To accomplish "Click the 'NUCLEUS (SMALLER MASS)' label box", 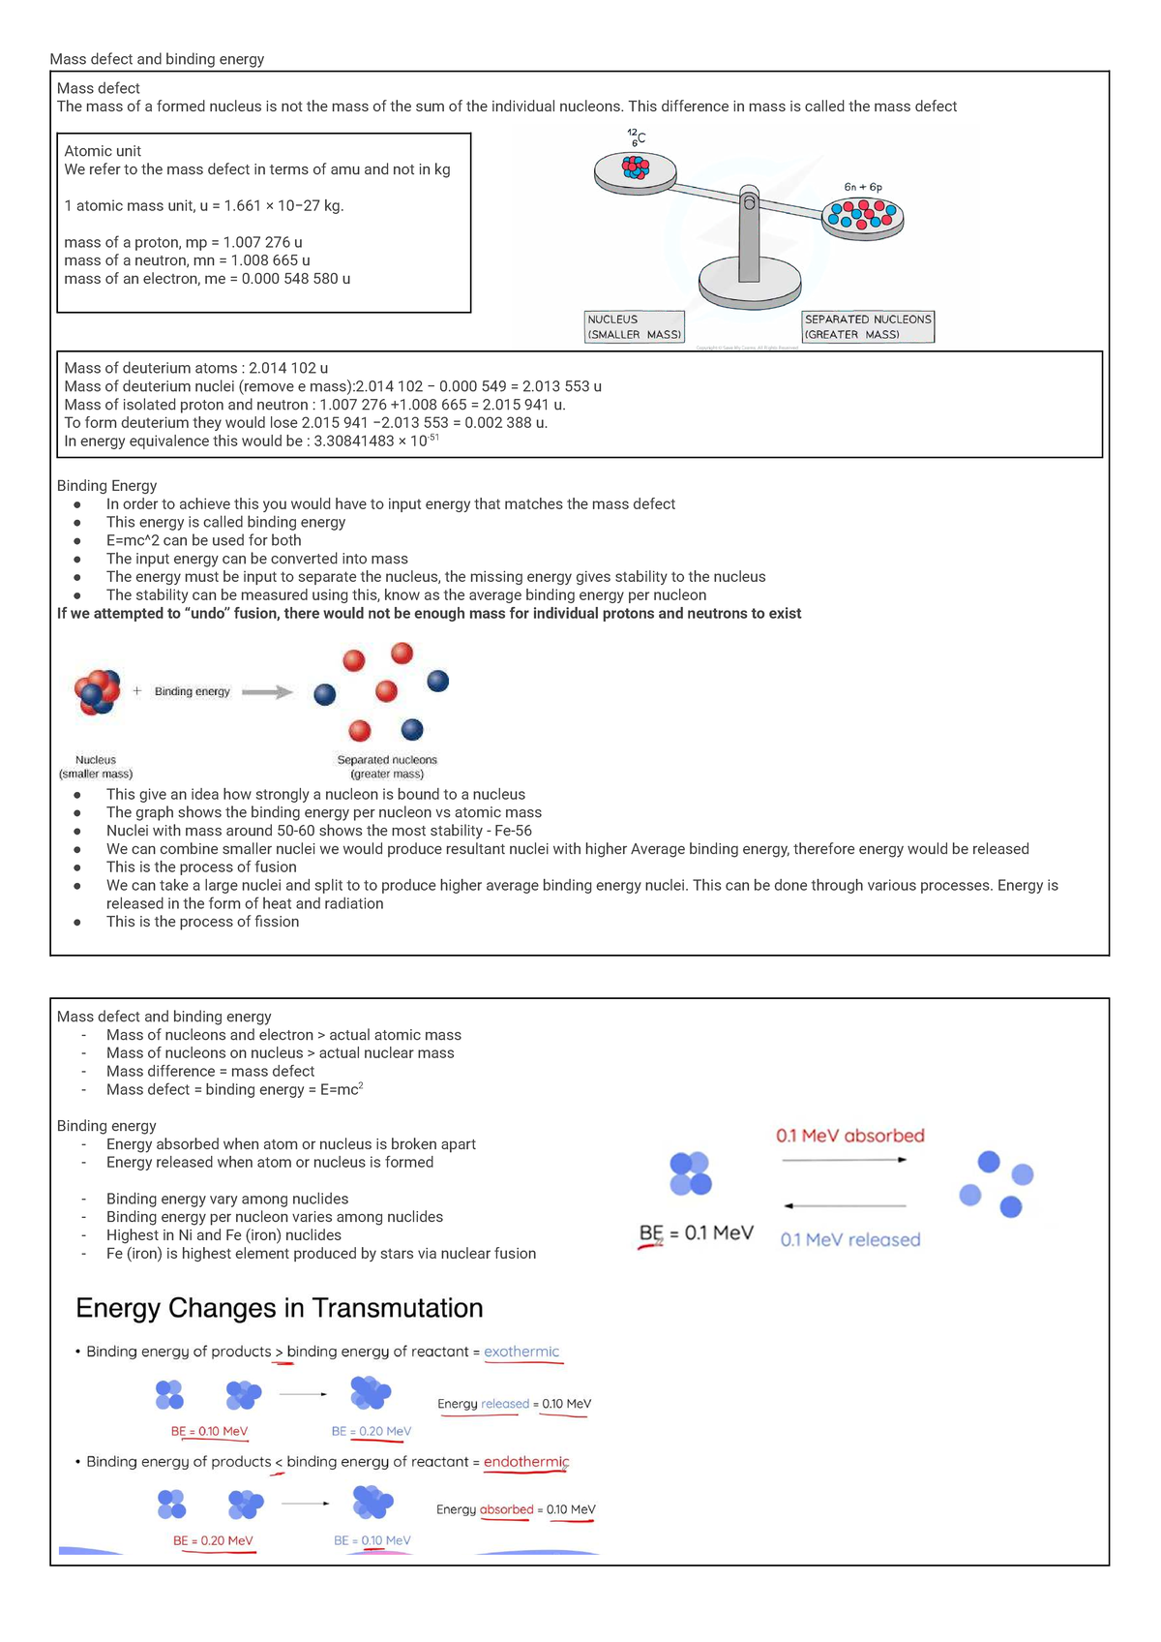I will pyautogui.click(x=635, y=326).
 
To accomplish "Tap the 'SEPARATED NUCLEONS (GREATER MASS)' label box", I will pyautogui.click(x=868, y=326).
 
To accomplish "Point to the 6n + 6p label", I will pyautogui.click(x=862, y=187).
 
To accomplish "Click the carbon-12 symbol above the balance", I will pyautogui.click(x=636, y=137).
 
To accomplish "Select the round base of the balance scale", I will pyautogui.click(x=750, y=280).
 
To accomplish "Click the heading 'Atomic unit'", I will pyautogui.click(x=103, y=151).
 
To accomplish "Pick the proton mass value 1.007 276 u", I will pyautogui.click(x=256, y=242).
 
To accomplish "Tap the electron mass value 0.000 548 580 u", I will pyautogui.click(x=289, y=279).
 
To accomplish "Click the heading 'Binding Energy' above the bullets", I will pyautogui.click(x=106, y=486).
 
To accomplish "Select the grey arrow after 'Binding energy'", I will pyautogui.click(x=266, y=692).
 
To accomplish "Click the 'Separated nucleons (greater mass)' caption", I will pyautogui.click(x=387, y=767).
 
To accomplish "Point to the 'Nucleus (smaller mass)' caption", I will pyautogui.click(x=96, y=767).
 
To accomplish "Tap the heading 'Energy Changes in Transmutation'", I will pyautogui.click(x=279, y=1308).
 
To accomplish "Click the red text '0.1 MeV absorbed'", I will pyautogui.click(x=849, y=1136).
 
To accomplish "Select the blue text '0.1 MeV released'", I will pyautogui.click(x=849, y=1239).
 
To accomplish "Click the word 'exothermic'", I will pyautogui.click(x=521, y=1352).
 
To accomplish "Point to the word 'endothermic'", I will pyautogui.click(x=526, y=1462).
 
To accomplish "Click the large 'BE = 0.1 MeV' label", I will pyautogui.click(x=696, y=1232).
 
